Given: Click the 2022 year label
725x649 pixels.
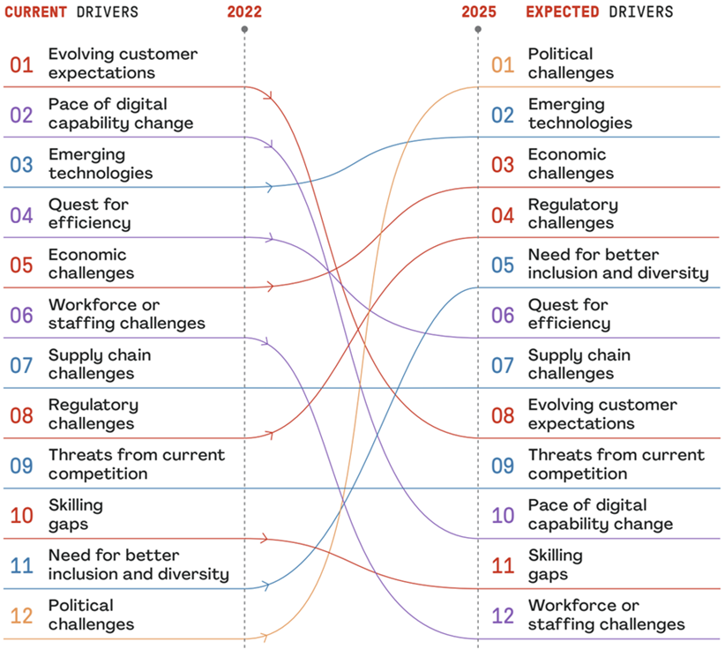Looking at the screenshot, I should (244, 11).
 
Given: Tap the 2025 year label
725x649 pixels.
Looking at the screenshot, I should (479, 11).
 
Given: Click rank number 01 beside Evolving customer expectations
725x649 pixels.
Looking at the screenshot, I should (22, 64).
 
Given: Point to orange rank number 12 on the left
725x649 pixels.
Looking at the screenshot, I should (22, 615).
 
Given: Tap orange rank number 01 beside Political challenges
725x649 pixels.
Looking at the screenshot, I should (502, 64).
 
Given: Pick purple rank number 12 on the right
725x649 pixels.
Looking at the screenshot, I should (502, 615).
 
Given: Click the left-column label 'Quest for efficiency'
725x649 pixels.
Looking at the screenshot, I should (89, 213).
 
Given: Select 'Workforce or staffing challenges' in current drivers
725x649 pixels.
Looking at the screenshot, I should (126, 314).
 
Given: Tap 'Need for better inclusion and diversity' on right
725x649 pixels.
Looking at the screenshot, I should (617, 264).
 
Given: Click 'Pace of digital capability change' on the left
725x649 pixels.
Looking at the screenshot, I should (120, 113).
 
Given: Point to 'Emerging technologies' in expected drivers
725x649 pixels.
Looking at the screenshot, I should (579, 113).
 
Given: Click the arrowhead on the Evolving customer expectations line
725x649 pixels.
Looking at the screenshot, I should (266, 91).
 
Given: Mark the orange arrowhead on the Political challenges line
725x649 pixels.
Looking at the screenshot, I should (266, 638).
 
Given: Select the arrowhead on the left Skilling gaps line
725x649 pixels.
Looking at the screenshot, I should (266, 538).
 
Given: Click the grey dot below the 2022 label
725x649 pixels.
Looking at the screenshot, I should (244, 29).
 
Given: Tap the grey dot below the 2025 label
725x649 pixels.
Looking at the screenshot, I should (479, 29).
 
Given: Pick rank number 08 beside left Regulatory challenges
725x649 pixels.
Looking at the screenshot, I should (22, 414).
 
